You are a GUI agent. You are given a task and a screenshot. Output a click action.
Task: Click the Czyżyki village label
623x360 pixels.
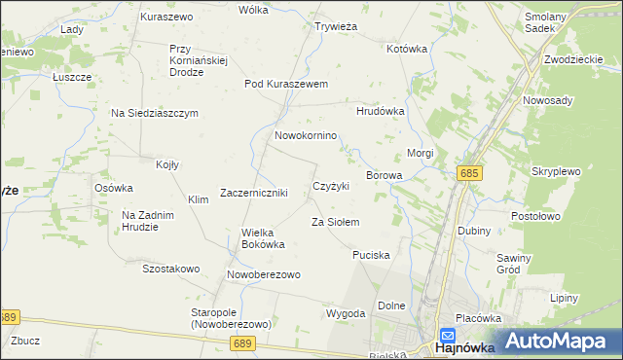coord(331,186)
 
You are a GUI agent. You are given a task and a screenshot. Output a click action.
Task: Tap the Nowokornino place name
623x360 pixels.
coord(306,135)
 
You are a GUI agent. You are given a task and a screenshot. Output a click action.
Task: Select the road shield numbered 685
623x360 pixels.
coord(470,172)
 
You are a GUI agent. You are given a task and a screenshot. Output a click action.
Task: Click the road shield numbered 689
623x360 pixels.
coord(242,343)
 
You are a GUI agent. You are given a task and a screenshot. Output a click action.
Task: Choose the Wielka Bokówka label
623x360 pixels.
coord(262,238)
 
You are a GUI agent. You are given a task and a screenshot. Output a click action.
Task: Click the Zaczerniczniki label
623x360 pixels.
coord(254,193)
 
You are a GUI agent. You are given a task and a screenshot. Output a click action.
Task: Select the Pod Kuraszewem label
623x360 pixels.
coord(286,84)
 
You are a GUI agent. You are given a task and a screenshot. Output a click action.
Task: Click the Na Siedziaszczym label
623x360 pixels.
coord(155,113)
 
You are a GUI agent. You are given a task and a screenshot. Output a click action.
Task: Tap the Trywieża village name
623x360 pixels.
coord(337,27)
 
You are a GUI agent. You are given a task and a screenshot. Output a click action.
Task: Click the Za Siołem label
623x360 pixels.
coord(335,223)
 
